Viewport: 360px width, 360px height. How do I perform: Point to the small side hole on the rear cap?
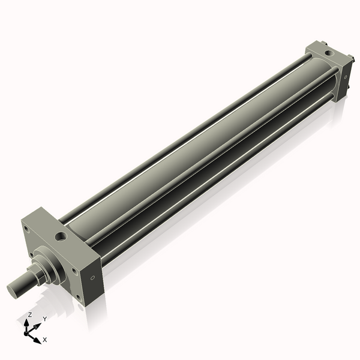point(346,77)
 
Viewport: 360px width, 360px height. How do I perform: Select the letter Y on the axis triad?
point(45,319)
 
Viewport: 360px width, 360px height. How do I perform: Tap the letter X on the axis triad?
point(45,340)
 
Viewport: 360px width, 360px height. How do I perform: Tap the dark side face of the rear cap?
point(344,78)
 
